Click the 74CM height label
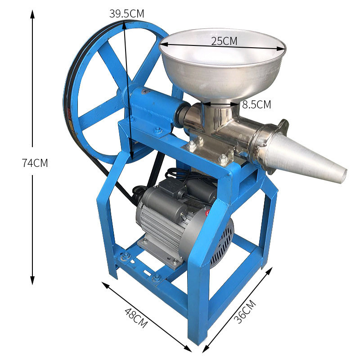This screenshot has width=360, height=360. tap(35, 163)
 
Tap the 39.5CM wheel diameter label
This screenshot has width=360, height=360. tap(126, 13)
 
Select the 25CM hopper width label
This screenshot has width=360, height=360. tap(224, 41)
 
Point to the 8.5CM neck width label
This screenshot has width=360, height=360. tap(256, 104)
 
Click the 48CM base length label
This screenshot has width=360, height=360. tap(136, 318)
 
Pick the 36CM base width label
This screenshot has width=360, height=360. tap(245, 311)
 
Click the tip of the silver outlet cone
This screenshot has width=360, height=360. tap(344, 176)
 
